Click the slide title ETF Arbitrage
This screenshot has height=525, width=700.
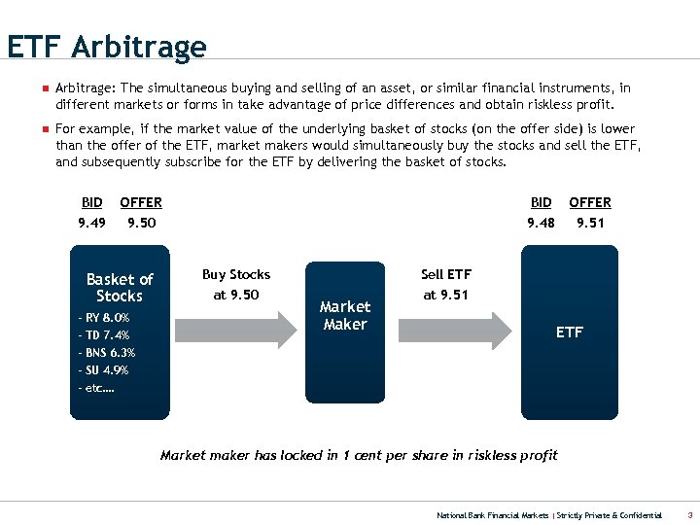tap(106, 47)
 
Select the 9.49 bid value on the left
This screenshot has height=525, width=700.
tap(92, 223)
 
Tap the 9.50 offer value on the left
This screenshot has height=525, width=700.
tap(141, 223)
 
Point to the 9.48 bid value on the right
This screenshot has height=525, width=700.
tap(542, 223)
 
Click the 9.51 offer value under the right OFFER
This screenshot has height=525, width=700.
tap(590, 223)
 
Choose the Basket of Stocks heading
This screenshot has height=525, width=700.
tap(120, 288)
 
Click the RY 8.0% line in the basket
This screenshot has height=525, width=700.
tap(103, 318)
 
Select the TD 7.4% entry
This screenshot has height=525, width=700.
tap(103, 335)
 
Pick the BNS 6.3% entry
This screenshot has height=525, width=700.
tap(106, 353)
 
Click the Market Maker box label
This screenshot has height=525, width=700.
tap(345, 316)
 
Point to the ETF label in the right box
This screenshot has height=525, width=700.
tap(570, 332)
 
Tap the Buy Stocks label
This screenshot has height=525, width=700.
tap(236, 275)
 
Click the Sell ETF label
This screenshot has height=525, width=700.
tap(446, 275)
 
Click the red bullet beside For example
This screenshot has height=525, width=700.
tap(44, 128)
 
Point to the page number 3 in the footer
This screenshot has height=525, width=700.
tap(689, 514)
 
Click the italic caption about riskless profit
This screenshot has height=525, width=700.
tap(359, 455)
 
